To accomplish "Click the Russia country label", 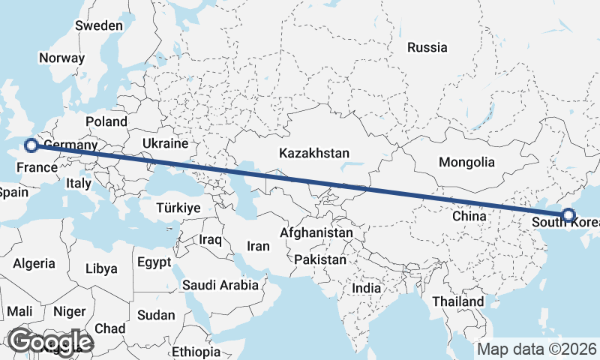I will [427, 47].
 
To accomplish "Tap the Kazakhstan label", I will [313, 153].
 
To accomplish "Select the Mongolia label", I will [466, 162].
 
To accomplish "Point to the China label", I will [470, 217].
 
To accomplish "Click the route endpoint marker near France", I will [31, 145].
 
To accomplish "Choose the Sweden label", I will [98, 25].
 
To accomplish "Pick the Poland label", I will [106, 121].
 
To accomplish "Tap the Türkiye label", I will [178, 208].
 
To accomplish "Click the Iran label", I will [258, 245].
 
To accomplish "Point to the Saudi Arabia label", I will [221, 285].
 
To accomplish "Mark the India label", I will [367, 288].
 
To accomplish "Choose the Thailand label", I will [457, 301].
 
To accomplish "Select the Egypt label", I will [154, 262].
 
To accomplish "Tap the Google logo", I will [49, 342].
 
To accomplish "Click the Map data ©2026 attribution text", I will [537, 349].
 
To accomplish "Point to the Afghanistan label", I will [316, 233].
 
